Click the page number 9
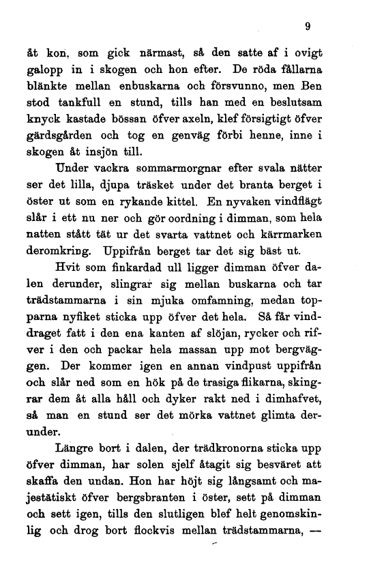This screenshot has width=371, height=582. point(308,28)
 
